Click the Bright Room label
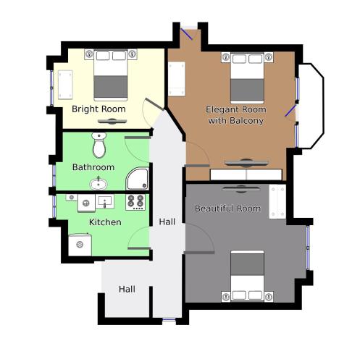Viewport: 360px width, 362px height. [99, 109]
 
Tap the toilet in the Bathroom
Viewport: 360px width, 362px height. [99, 145]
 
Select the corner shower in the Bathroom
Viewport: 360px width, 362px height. [138, 179]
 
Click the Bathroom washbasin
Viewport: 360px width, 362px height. [99, 184]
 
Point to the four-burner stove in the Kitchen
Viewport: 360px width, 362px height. [135, 202]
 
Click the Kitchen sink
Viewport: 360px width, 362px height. [105, 202]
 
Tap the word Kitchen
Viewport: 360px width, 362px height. [105, 222]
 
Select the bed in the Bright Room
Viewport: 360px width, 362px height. [111, 75]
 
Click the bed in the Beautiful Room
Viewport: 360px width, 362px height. [247, 276]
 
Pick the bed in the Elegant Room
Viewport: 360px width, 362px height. [247, 78]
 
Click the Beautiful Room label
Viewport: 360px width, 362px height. [227, 209]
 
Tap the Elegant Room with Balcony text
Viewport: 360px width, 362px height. [236, 115]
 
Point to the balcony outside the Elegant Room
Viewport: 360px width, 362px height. [311, 106]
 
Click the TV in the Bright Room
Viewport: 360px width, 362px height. [112, 122]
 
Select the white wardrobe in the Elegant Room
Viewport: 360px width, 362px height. [246, 174]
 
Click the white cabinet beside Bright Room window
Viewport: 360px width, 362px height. [65, 85]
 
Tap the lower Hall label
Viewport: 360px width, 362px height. [127, 289]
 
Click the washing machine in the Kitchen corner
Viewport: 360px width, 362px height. [80, 245]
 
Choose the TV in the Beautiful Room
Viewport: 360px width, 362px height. [240, 189]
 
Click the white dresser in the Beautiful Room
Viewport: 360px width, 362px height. [277, 202]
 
